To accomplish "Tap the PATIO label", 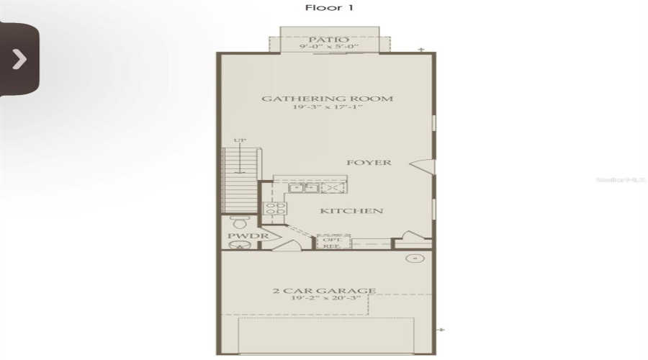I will (x=328, y=40).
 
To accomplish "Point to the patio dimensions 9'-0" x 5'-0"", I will (x=328, y=48).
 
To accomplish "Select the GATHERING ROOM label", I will (x=327, y=99).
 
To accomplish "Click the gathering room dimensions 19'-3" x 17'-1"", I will (x=327, y=109).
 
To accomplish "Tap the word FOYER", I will (x=369, y=163).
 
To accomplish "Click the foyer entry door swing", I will (x=423, y=166).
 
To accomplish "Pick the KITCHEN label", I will (x=351, y=211).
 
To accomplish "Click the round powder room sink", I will (x=237, y=246).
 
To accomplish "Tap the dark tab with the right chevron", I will (x=19, y=59).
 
